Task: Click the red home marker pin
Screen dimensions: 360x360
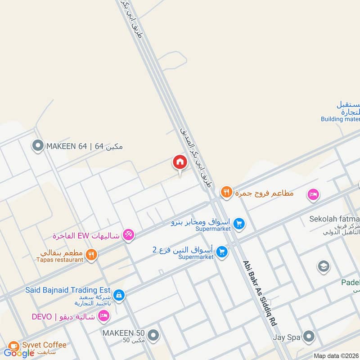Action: point(179,162)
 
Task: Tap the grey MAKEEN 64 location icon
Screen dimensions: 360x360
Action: point(38,146)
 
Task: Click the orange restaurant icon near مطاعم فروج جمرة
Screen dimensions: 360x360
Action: point(226,193)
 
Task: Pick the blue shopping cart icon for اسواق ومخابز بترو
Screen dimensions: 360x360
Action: point(239,223)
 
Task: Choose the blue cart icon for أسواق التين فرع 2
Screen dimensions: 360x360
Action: point(221,252)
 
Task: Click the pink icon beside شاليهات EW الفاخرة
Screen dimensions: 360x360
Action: point(129,235)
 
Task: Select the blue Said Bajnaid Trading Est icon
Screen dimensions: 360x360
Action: point(118,295)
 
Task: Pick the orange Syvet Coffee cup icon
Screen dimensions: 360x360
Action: point(13,346)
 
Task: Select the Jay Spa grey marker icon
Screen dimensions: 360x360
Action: point(308,336)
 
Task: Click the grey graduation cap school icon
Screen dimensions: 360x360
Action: point(323,267)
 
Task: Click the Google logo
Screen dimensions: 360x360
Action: point(19,353)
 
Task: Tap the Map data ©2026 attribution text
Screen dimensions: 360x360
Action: point(336,355)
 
